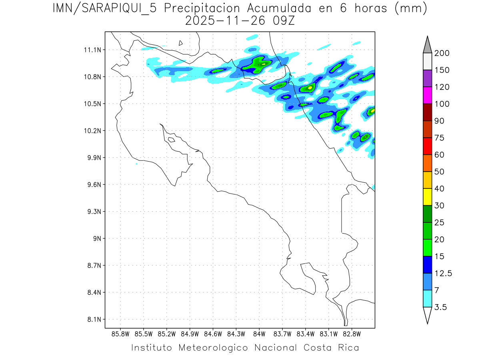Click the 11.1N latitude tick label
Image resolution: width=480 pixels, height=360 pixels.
pos(91,50)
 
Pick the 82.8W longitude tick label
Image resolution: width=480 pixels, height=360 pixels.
pos(352,334)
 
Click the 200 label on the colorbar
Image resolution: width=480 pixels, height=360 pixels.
pos(442,53)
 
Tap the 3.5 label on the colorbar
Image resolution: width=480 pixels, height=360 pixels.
pos(441,307)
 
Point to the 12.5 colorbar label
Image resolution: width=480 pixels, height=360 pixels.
pos(443,274)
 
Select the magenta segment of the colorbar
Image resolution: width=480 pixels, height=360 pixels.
pos(427,95)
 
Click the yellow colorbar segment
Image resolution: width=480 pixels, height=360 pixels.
pos(427,197)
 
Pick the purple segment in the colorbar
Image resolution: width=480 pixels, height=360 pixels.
pos(427,78)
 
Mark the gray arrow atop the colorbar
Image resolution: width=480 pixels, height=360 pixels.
pos(427,45)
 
